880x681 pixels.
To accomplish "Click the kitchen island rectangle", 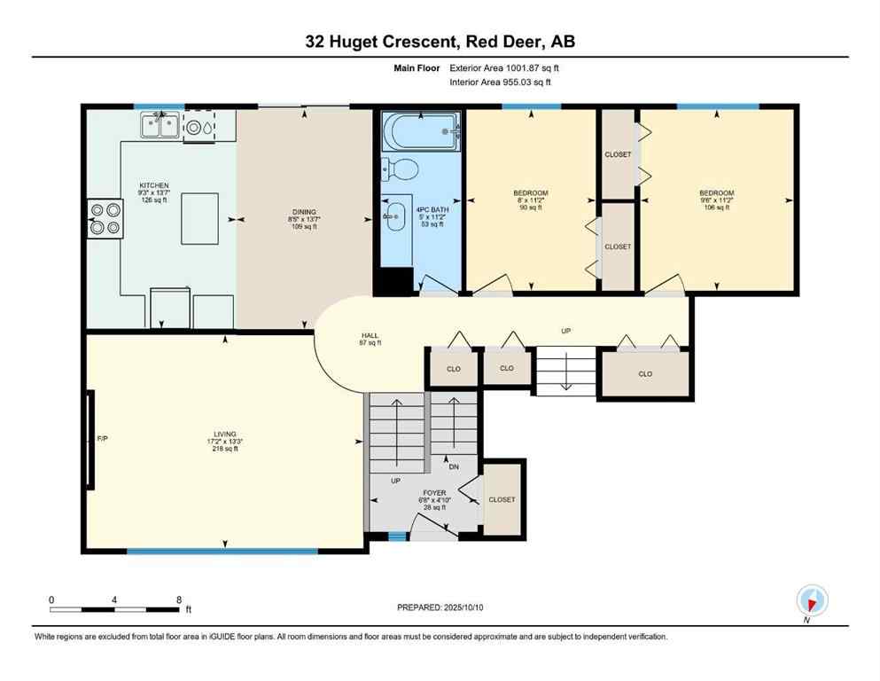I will [x=199, y=218].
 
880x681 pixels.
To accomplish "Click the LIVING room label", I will [x=224, y=434].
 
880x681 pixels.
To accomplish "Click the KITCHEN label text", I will [x=153, y=185].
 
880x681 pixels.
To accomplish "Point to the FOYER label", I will [x=433, y=491].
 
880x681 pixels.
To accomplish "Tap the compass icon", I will [x=812, y=600].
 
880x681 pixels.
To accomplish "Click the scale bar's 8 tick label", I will [x=178, y=599].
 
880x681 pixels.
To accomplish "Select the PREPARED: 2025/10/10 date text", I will [x=440, y=607].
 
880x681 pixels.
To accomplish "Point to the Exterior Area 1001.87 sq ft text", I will [x=504, y=67].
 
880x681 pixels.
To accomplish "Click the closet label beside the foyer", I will [x=502, y=499].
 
